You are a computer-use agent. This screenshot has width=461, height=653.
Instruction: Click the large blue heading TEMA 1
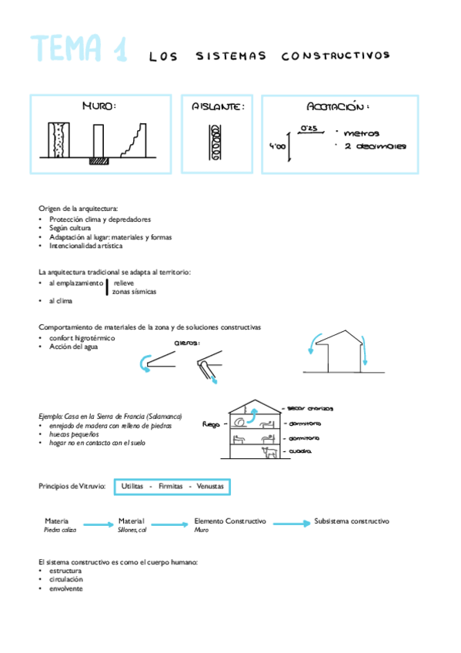[x=79, y=50]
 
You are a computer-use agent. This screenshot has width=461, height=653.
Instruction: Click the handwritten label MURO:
[x=99, y=107]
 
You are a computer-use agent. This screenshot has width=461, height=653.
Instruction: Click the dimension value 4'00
[x=277, y=146]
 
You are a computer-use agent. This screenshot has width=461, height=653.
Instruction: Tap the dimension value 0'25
[x=309, y=127]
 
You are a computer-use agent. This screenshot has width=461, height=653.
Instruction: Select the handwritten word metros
[x=362, y=133]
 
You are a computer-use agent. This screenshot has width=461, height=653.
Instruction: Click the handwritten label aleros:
[x=186, y=343]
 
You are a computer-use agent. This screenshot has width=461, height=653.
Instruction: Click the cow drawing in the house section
[x=272, y=453]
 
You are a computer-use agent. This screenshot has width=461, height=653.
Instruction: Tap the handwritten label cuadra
[x=299, y=452]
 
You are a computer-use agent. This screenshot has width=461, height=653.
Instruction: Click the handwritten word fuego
[x=211, y=424]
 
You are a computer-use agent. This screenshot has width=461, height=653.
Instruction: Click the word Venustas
[x=210, y=487]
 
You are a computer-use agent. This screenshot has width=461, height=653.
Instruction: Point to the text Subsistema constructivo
[x=351, y=521]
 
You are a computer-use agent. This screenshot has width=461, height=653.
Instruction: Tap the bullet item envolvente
[x=65, y=588]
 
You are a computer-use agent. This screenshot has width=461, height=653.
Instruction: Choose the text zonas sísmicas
[x=134, y=292]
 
